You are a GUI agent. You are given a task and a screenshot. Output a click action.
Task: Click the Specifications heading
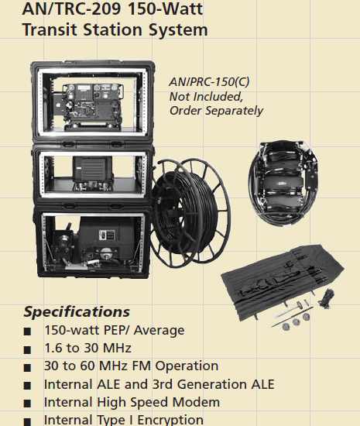tap(77, 312)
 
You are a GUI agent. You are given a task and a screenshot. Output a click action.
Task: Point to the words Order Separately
tap(218, 111)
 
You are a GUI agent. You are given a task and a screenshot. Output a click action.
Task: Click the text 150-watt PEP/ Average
tap(115, 331)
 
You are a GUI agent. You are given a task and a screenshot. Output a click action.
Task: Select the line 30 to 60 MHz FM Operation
tap(132, 366)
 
